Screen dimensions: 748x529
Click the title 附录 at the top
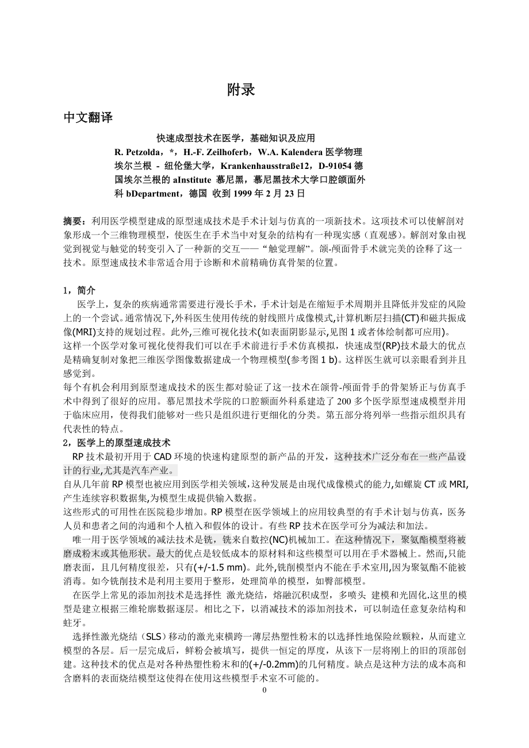(x=240, y=90)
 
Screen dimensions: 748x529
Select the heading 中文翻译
(x=87, y=118)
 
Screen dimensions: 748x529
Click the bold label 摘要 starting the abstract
(x=73, y=221)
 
